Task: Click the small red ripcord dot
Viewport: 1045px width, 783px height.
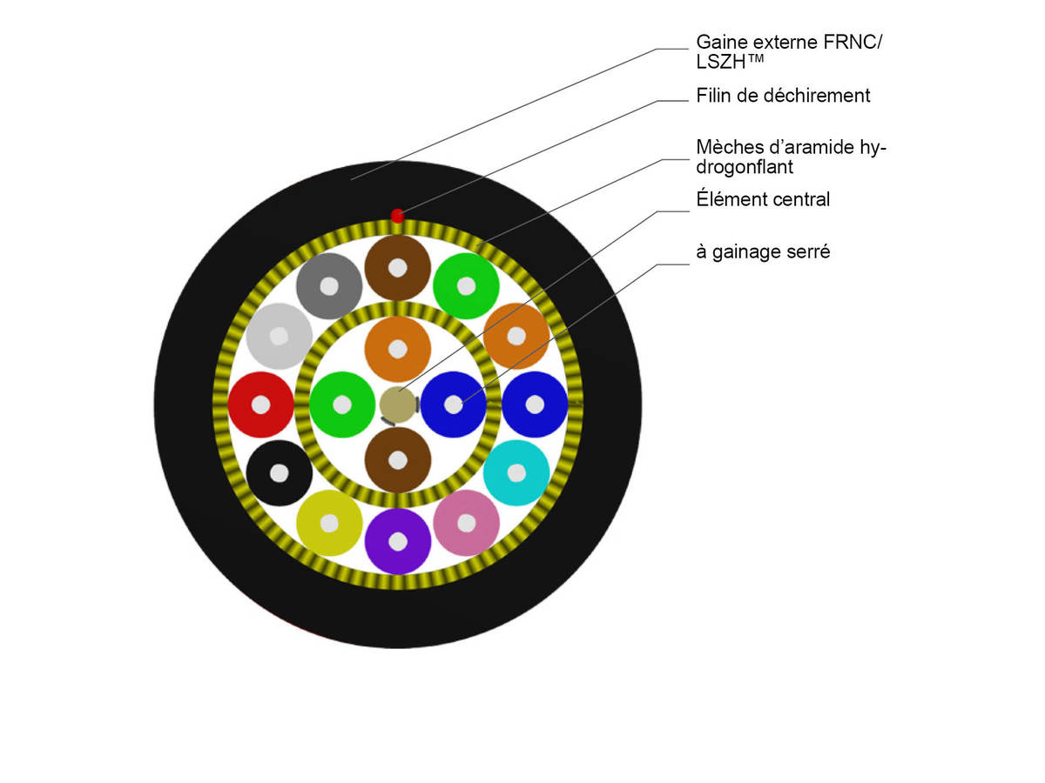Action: [x=397, y=216]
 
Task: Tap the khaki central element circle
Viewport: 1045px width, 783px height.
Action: [x=397, y=405]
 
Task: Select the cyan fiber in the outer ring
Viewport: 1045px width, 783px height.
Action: [x=516, y=472]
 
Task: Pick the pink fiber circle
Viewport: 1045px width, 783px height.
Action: [x=466, y=523]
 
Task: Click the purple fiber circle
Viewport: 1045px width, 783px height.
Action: [x=397, y=541]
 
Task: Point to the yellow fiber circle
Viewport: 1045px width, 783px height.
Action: [x=329, y=523]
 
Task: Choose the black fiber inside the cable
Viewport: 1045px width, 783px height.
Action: [x=279, y=472]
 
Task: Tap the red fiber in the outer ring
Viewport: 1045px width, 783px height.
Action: [x=260, y=405]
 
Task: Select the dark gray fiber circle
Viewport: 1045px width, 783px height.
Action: [x=329, y=285]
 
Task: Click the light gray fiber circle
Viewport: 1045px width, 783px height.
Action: [x=279, y=336]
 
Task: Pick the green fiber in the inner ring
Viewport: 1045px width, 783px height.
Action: [x=342, y=405]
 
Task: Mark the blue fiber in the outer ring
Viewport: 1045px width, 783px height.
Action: [x=535, y=405]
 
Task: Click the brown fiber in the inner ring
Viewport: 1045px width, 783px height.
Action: [x=397, y=459]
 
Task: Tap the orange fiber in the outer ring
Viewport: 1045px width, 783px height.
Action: [x=516, y=336]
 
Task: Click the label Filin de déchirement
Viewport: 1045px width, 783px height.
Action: [x=783, y=96]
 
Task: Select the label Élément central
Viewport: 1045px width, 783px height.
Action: [x=763, y=199]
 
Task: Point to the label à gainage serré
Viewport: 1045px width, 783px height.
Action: [x=763, y=252]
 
